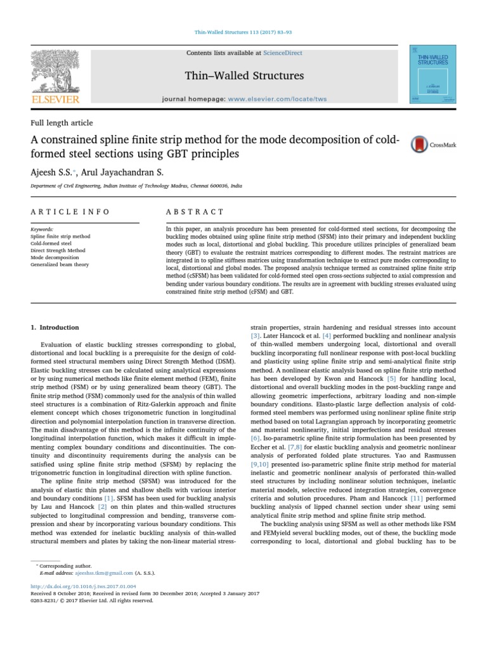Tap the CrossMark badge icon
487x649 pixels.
(x=419, y=145)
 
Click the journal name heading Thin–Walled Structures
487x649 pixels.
(x=243, y=76)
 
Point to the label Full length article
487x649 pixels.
(x=62, y=122)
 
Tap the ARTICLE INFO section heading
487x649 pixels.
(x=70, y=212)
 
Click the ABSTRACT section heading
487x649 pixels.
(x=195, y=212)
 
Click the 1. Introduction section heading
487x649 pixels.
(x=55, y=328)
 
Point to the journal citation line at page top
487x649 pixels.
(x=243, y=31)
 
